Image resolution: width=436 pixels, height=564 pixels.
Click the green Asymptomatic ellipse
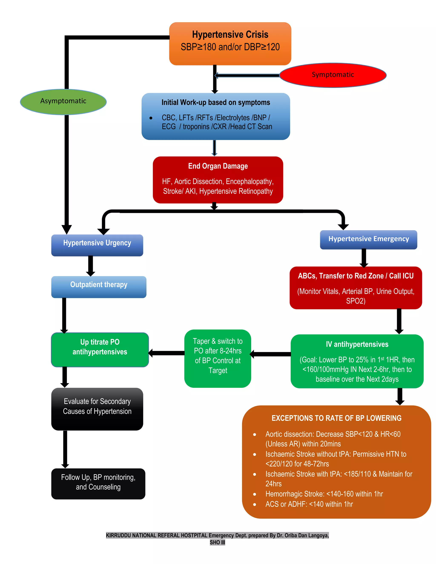coord(63,102)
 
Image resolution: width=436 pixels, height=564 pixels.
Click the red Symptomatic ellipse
coord(333,75)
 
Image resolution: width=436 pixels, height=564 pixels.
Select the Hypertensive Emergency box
coord(368,239)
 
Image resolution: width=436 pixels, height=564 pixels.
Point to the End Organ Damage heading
coord(218,166)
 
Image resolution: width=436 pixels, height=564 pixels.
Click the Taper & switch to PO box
coord(218,358)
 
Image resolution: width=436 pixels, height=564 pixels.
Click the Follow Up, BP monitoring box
coord(98,483)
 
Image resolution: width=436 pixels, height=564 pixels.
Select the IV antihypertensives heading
coord(357,344)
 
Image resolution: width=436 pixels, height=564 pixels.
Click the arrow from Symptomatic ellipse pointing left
coord(247,75)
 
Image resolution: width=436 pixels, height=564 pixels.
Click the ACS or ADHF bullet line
coord(309,504)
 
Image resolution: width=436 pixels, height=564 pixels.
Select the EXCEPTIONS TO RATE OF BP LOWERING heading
coord(336,418)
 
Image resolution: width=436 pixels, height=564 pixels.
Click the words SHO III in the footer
coord(217,542)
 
